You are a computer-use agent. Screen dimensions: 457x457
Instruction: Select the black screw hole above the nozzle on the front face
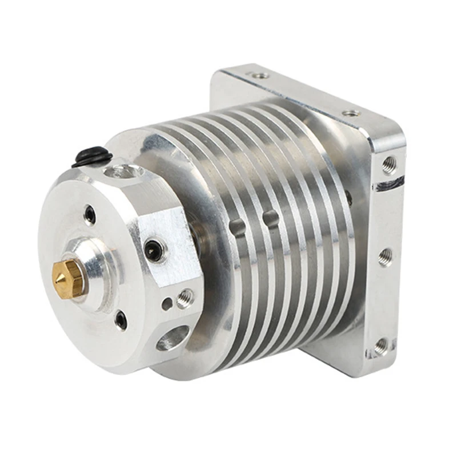[x=90, y=215]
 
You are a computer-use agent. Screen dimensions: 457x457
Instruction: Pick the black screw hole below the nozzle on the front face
[x=121, y=319]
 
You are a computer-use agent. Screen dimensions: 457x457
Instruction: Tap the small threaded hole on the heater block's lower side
[x=185, y=298]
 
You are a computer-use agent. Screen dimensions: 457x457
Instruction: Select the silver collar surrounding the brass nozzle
[x=86, y=268]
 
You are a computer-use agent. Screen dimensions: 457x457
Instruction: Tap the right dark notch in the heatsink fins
[x=269, y=218]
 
